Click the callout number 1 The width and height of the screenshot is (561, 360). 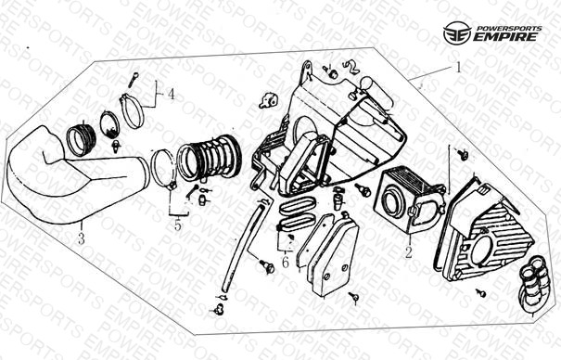[458, 68]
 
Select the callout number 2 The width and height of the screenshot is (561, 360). [409, 252]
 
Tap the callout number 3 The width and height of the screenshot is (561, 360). [82, 238]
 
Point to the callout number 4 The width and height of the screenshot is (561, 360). [171, 95]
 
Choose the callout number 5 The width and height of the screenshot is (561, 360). [178, 225]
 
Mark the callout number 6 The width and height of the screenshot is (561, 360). [286, 262]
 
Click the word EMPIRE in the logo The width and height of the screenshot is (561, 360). [505, 36]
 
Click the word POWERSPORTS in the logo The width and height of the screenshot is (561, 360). [509, 28]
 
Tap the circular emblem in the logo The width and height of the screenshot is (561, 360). [457, 32]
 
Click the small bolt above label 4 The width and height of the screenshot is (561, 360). [133, 80]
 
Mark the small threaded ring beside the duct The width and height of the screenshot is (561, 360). [82, 140]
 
